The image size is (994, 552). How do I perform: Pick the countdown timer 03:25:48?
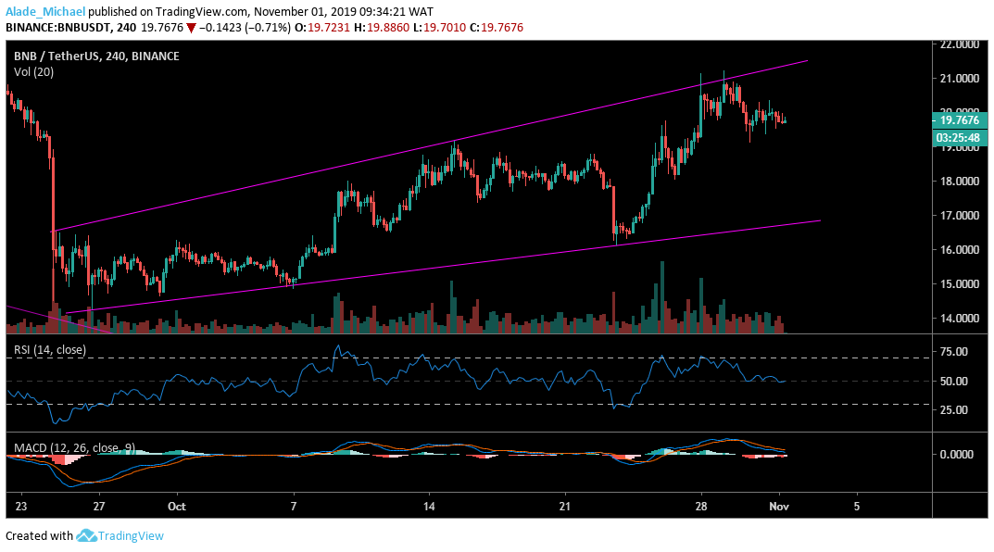click(959, 136)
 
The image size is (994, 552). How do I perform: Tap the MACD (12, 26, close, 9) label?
click(74, 447)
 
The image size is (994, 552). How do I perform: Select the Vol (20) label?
click(33, 71)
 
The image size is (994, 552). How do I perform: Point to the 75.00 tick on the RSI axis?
click(953, 352)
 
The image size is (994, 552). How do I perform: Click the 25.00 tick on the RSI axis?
click(953, 410)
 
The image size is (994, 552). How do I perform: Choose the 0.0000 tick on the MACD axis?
click(957, 455)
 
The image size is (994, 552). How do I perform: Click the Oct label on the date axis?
click(177, 507)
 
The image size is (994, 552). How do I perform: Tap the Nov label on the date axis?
click(779, 507)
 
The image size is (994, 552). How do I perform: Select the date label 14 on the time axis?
click(430, 507)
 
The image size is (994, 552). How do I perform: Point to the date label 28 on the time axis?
click(701, 507)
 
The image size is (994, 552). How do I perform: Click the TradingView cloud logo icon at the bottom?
click(87, 535)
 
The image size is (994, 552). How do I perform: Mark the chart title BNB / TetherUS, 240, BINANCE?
click(96, 56)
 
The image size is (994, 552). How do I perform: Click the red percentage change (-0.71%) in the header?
click(257, 28)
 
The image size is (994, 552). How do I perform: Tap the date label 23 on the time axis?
click(21, 507)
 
